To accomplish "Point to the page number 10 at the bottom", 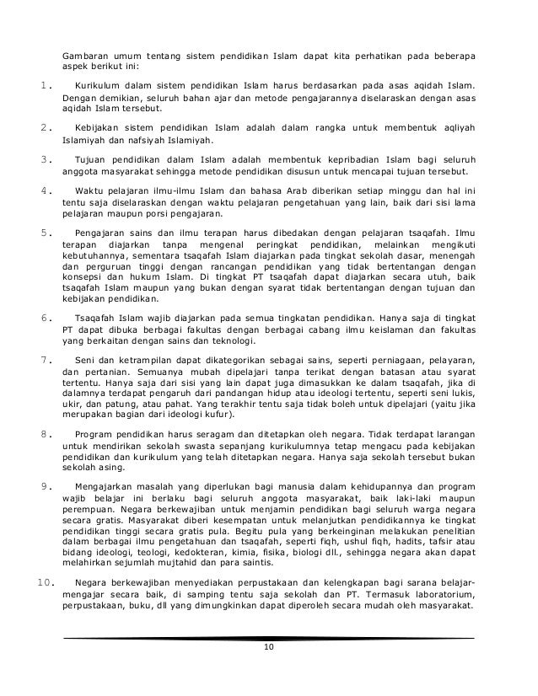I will pyautogui.click(x=269, y=646).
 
